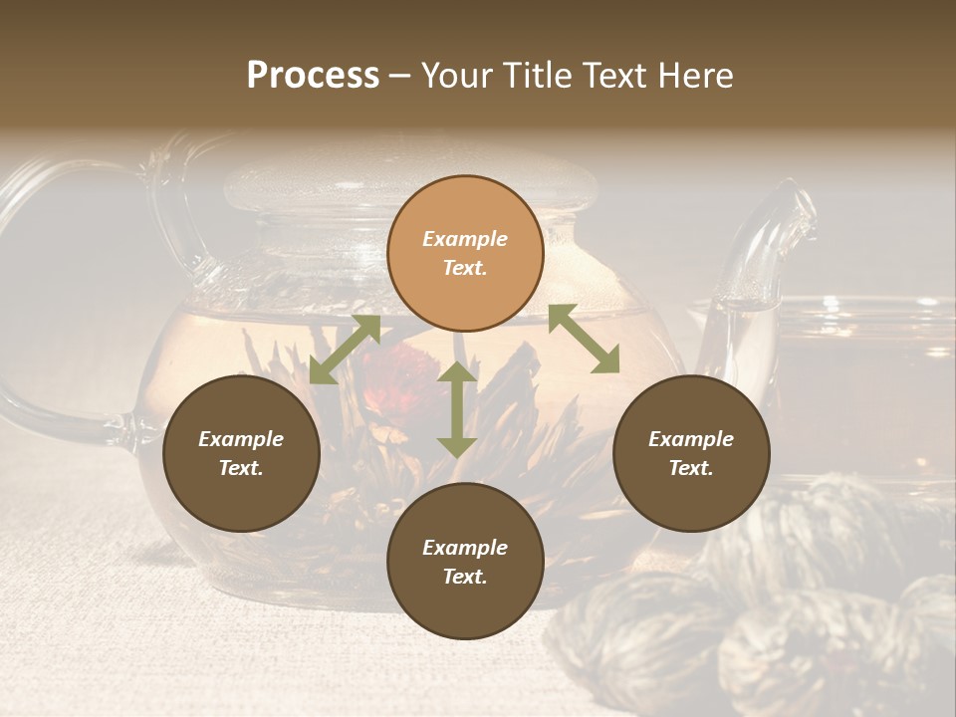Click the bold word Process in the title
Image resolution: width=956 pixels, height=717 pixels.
pyautogui.click(x=313, y=76)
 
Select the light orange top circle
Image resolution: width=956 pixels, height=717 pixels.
pyautogui.click(x=465, y=253)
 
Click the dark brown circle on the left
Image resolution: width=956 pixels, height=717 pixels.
pyautogui.click(x=241, y=453)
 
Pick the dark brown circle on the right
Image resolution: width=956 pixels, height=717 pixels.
pyautogui.click(x=690, y=453)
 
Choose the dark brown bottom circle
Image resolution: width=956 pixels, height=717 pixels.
pyautogui.click(x=465, y=561)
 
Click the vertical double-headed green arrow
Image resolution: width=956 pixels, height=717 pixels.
pyautogui.click(x=457, y=409)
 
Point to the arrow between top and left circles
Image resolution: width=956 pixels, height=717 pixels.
pyautogui.click(x=345, y=349)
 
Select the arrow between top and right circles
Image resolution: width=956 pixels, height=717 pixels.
pyautogui.click(x=584, y=339)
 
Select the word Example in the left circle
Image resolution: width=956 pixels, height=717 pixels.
pyautogui.click(x=241, y=439)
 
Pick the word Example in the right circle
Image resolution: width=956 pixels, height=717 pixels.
pyautogui.click(x=690, y=439)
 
